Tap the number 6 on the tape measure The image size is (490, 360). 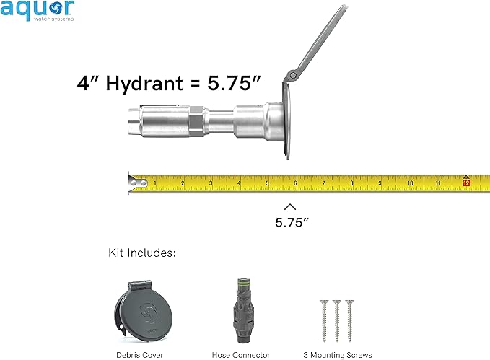point(295,182)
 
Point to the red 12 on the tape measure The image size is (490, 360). point(466,183)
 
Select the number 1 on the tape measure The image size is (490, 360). point(154,183)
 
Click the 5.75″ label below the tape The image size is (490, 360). point(292,222)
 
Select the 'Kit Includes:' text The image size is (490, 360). point(142,253)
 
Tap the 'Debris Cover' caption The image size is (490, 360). point(140,354)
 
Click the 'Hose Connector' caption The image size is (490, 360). point(241,354)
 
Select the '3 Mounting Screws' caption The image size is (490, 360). point(338,354)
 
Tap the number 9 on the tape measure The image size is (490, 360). point(380,183)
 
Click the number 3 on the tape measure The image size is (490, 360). point(210,183)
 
